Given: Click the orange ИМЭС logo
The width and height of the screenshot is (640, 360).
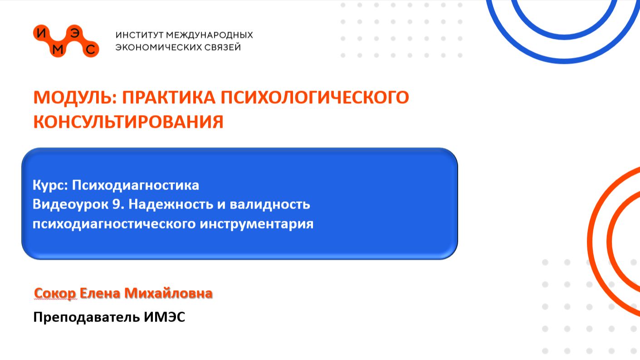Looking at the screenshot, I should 66,41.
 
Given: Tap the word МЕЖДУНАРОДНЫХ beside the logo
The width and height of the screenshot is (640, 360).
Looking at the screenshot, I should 210,35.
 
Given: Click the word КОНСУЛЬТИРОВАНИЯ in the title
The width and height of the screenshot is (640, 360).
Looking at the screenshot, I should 128,122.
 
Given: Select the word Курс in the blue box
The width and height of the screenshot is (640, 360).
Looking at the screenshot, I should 50,185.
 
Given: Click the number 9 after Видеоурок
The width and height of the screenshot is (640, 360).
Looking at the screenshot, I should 116,204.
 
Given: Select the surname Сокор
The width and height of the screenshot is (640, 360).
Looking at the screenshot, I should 55,293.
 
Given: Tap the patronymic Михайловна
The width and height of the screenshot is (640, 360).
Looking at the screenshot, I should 168,293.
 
